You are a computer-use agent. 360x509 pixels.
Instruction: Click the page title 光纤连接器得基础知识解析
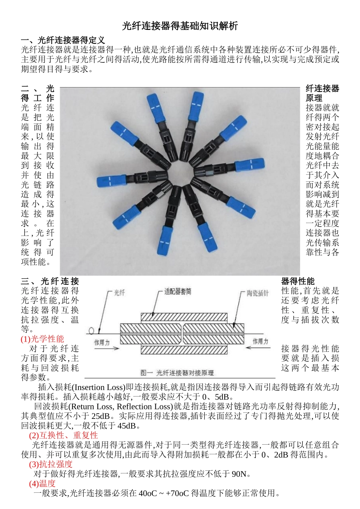click(x=180, y=26)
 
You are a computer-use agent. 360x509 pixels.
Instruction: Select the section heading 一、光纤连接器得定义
click(x=63, y=40)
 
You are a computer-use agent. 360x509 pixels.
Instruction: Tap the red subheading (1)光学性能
click(x=42, y=339)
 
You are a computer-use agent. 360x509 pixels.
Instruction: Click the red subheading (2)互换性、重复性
click(x=63, y=435)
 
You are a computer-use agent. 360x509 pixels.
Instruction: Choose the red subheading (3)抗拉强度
click(x=50, y=464)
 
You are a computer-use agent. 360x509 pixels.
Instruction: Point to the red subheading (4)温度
click(x=42, y=483)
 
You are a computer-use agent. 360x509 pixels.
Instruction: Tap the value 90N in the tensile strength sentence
click(x=239, y=474)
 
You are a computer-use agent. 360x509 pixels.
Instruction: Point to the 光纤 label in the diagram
click(x=119, y=293)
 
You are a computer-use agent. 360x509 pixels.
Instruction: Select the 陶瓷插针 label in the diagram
click(x=257, y=293)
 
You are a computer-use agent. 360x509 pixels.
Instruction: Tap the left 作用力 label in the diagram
click(x=102, y=342)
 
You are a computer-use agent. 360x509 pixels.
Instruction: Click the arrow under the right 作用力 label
click(x=257, y=348)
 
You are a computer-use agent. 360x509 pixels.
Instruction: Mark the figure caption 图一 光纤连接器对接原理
click(x=177, y=373)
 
